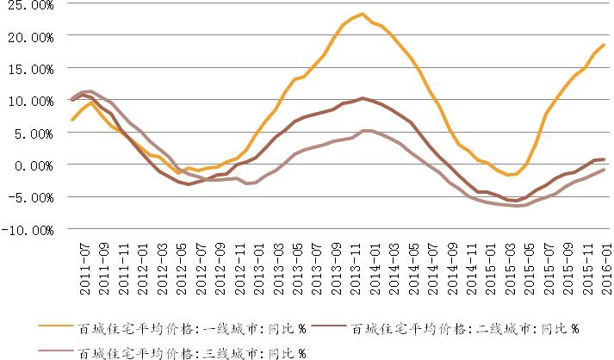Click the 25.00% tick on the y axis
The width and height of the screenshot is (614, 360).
tap(28, 6)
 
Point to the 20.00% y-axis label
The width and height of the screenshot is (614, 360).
tap(28, 38)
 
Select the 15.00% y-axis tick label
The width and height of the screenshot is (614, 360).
tap(28, 70)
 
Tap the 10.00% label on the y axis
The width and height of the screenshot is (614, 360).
tap(28, 102)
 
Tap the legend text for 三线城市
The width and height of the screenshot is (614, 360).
tap(190, 351)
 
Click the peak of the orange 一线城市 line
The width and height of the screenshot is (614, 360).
tap(363, 14)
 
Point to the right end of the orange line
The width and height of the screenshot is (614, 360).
tap(603, 45)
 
